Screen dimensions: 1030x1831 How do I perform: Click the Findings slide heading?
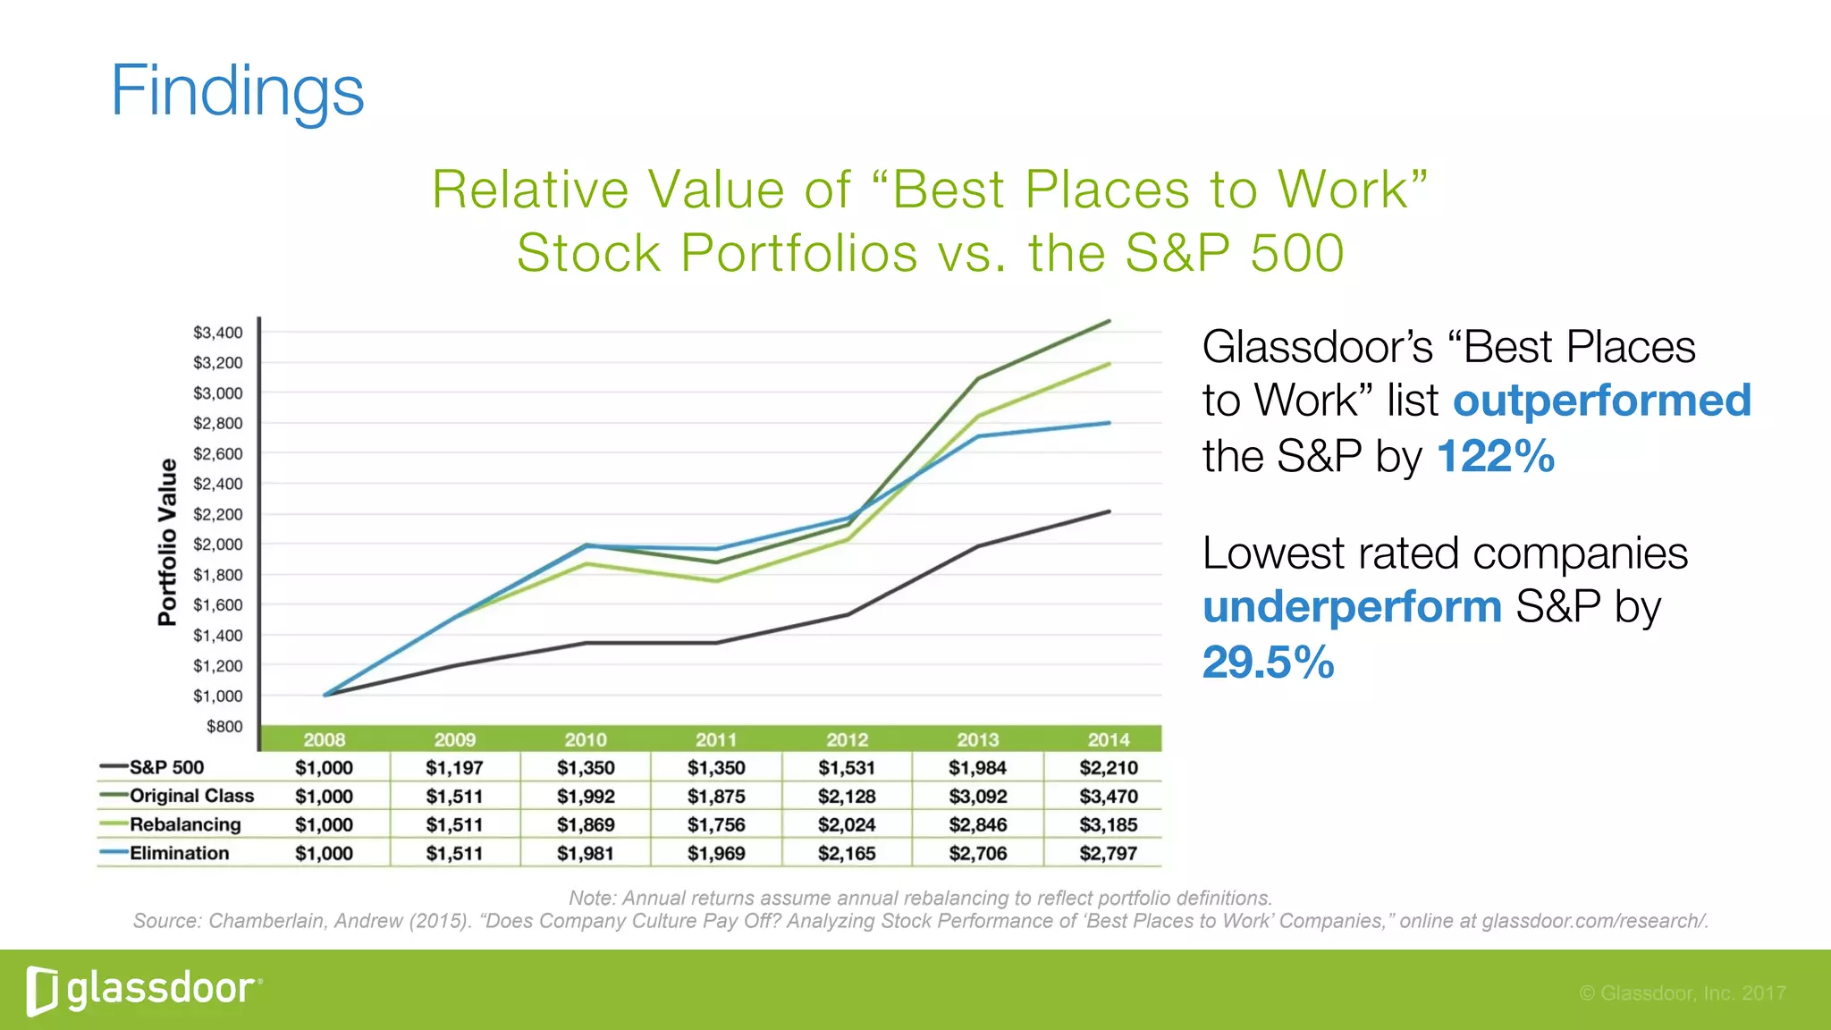(237, 91)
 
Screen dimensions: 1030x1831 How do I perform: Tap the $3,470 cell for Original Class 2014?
(1109, 796)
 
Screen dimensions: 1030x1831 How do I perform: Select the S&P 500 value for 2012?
(847, 767)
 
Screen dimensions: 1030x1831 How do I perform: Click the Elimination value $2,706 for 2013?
(977, 853)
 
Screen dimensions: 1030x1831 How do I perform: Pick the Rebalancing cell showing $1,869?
(586, 824)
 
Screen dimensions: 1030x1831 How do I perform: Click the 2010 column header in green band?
(586, 739)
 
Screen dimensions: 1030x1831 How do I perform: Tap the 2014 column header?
(1109, 739)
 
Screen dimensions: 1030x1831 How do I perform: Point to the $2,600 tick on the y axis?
(218, 453)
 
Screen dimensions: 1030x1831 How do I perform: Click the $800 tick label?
(224, 726)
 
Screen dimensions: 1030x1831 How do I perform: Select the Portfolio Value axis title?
(167, 542)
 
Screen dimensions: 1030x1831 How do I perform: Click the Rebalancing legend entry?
(185, 824)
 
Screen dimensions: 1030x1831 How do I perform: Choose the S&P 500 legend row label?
(166, 767)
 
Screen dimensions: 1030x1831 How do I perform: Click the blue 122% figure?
(1495, 456)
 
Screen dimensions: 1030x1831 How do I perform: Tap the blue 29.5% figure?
(1268, 663)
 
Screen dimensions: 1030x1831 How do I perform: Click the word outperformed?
(1601, 400)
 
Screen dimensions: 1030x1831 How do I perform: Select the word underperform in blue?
(1352, 607)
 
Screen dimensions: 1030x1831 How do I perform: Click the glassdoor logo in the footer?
(143, 990)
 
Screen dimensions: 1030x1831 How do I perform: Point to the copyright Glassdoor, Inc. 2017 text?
(1683, 992)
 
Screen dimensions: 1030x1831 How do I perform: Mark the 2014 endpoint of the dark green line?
(1110, 321)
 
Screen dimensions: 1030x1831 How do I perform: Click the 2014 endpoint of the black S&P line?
(1110, 511)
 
